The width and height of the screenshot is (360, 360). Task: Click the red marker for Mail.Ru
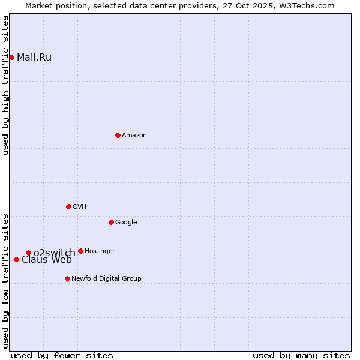point(11,57)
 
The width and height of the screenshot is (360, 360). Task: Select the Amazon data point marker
point(118,135)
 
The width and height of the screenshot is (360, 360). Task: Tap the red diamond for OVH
point(68,206)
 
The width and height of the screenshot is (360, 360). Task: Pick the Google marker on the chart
point(111,222)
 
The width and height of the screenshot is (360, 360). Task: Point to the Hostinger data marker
point(80,251)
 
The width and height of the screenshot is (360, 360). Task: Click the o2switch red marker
point(28,253)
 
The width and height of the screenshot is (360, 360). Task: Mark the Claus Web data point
point(16,259)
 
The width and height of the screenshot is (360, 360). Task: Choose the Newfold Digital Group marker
point(67,278)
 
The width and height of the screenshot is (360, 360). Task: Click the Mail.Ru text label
point(34,58)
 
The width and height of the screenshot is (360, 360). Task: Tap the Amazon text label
point(134,136)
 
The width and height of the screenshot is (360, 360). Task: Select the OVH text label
point(79,207)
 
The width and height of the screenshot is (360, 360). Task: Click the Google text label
point(126,223)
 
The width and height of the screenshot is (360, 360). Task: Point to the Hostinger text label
point(100,251)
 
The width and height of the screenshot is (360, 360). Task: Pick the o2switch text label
point(54,253)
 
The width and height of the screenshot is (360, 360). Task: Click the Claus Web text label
point(47,260)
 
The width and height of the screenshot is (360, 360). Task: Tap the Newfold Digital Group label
point(106,278)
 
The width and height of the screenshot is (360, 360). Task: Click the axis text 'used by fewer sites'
point(62,356)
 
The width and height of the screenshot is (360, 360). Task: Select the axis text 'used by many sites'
point(301,356)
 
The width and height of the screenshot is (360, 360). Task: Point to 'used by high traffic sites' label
point(5,85)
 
